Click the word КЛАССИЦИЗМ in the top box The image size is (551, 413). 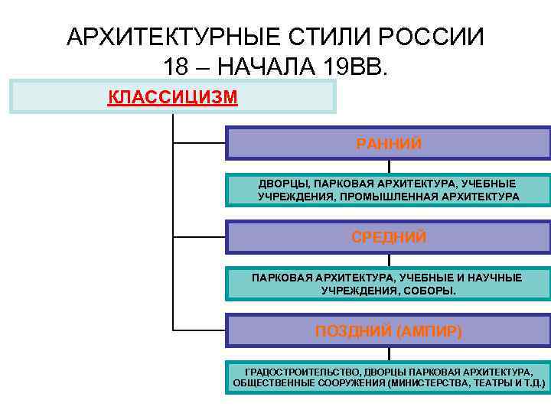point(173,98)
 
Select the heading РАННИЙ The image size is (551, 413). point(389,144)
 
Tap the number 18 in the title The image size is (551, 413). point(175,67)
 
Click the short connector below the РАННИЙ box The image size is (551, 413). point(389,167)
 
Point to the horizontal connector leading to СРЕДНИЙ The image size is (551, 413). point(199,236)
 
